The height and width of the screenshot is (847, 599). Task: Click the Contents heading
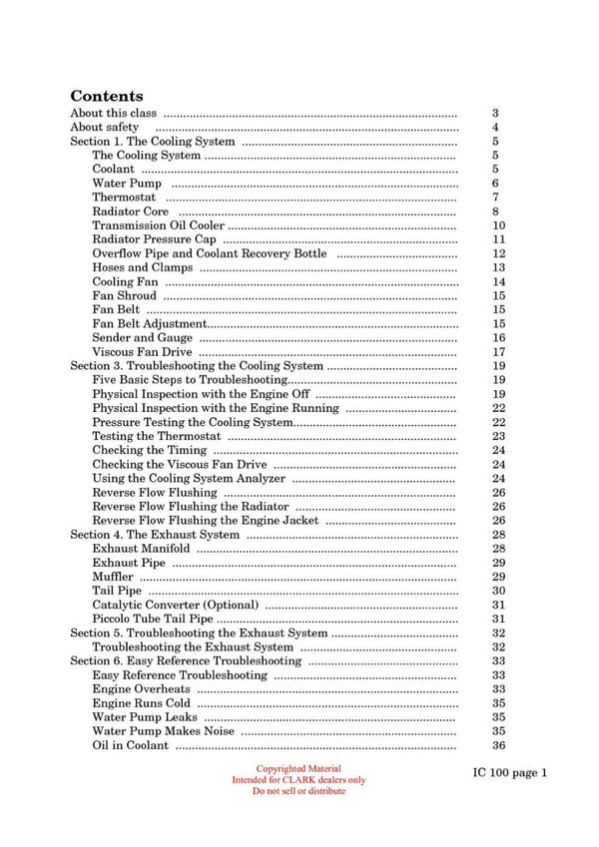[106, 97]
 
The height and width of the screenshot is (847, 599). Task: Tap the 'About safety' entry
[105, 128]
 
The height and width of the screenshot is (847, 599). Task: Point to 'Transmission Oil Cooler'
[158, 225]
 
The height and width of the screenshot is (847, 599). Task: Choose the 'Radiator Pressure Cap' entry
[154, 239]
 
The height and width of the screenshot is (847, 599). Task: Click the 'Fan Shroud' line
[125, 295]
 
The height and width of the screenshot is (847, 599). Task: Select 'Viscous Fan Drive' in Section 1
[142, 352]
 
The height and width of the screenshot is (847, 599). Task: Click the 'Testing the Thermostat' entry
[156, 436]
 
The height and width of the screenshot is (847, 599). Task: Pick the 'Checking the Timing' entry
[149, 450]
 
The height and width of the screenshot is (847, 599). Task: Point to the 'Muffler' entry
[113, 577]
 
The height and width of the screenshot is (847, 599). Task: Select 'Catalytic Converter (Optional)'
[175, 605]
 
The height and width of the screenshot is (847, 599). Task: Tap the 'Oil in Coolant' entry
[131, 745]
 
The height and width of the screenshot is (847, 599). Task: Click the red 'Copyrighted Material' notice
[299, 768]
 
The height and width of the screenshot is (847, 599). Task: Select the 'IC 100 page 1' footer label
[510, 772]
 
